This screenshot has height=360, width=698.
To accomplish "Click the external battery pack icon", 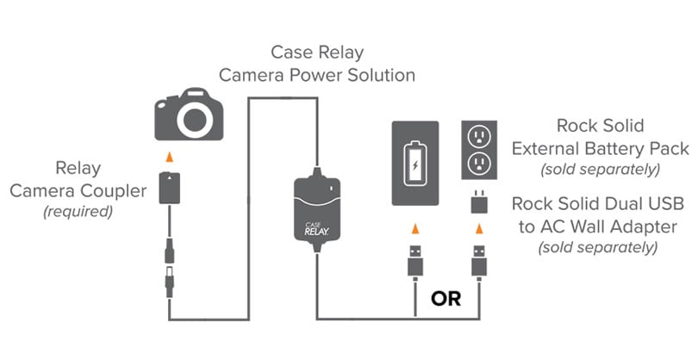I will [x=417, y=163].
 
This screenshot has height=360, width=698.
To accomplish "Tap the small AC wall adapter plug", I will [x=479, y=203].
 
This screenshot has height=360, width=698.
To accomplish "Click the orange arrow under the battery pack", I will [x=417, y=227].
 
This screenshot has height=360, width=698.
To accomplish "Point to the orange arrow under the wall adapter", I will [x=479, y=227].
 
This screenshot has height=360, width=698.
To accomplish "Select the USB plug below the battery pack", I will [x=417, y=263].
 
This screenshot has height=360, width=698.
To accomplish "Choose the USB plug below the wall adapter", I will [x=479, y=263].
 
